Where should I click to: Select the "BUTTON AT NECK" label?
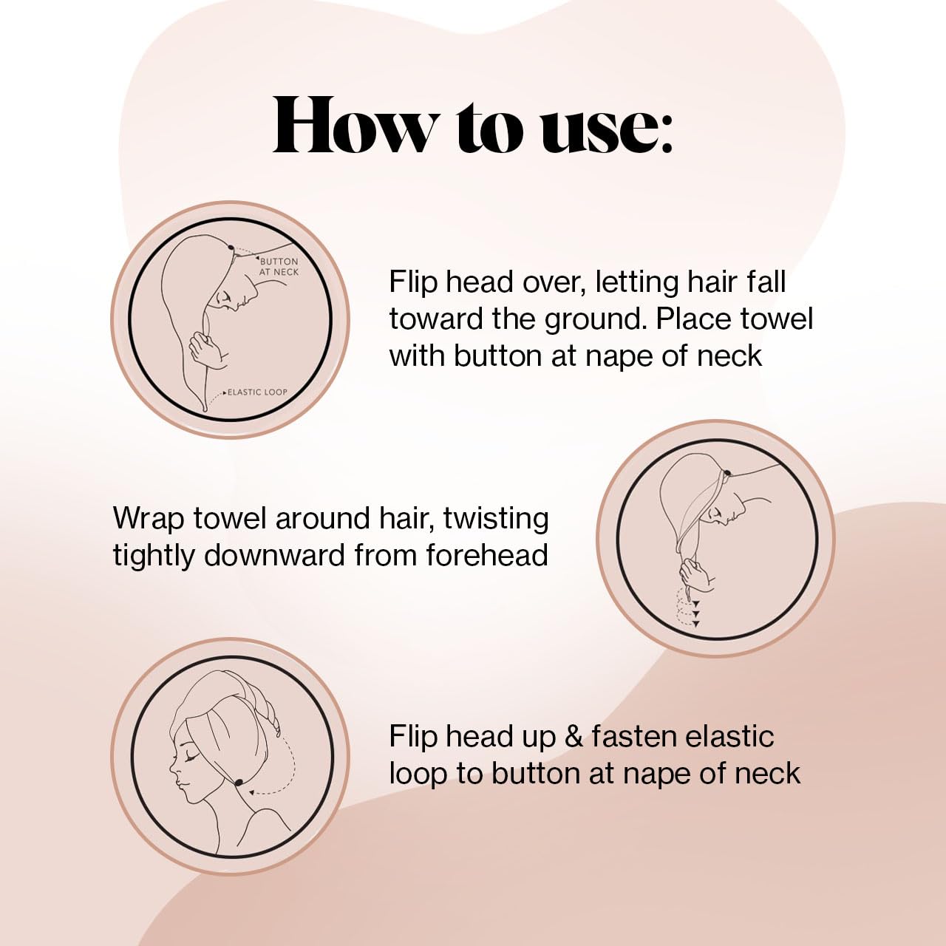tap(279, 267)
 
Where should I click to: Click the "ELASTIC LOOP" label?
tap(256, 392)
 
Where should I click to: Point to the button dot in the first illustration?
tap(231, 249)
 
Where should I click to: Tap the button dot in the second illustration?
tap(727, 473)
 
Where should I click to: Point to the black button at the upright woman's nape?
tap(239, 783)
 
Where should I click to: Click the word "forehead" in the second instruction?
tap(486, 556)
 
